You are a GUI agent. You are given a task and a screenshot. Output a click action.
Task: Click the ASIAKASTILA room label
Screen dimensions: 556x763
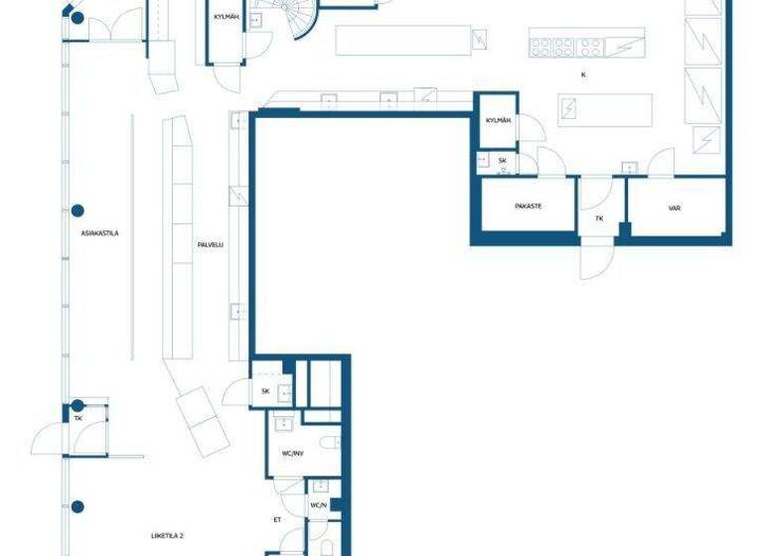pyautogui.click(x=100, y=233)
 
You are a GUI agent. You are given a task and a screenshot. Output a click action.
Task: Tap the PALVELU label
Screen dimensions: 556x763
pyautogui.click(x=209, y=242)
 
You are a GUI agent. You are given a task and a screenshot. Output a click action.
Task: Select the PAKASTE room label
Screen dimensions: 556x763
pyautogui.click(x=528, y=207)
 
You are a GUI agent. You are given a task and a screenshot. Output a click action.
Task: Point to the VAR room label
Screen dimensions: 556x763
pyautogui.click(x=675, y=208)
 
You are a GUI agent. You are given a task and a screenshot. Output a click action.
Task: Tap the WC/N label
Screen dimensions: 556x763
pyautogui.click(x=318, y=505)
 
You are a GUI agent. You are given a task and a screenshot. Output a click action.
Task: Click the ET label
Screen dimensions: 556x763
pyautogui.click(x=278, y=519)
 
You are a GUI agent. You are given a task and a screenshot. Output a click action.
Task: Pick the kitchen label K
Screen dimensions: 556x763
pyautogui.click(x=583, y=74)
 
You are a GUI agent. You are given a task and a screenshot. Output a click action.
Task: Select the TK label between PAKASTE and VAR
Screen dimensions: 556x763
pyautogui.click(x=599, y=217)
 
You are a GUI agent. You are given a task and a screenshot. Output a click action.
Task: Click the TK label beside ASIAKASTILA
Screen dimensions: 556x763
pyautogui.click(x=78, y=419)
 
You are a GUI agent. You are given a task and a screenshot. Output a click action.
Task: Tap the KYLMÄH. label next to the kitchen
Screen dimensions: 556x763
pyautogui.click(x=497, y=120)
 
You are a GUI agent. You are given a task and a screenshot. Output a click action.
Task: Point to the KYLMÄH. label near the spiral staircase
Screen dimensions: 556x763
pyautogui.click(x=227, y=16)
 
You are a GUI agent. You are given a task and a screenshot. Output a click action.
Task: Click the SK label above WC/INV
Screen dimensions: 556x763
pyautogui.click(x=265, y=391)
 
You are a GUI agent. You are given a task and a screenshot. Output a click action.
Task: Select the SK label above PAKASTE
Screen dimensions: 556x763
pyautogui.click(x=503, y=160)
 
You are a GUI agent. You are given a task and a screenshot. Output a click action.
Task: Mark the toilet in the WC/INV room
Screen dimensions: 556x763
pyautogui.click(x=332, y=443)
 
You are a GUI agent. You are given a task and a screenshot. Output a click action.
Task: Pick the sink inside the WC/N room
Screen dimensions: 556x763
pyautogui.click(x=319, y=487)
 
